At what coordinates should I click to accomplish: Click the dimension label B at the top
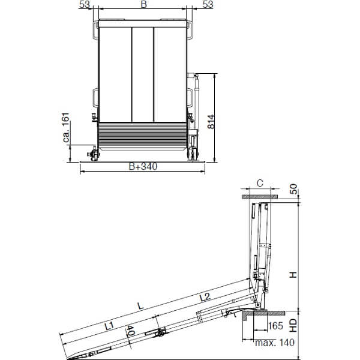(144, 4)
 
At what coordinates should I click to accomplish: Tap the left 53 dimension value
(84, 4)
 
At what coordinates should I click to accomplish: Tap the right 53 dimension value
(208, 4)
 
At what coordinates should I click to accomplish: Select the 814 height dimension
(211, 121)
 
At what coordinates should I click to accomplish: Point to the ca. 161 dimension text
(65, 127)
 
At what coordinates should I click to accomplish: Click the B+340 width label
(143, 166)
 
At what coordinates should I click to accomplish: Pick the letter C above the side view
(260, 184)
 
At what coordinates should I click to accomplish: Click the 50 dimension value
(293, 189)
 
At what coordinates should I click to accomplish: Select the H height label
(293, 275)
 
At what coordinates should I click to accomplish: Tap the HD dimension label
(293, 325)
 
